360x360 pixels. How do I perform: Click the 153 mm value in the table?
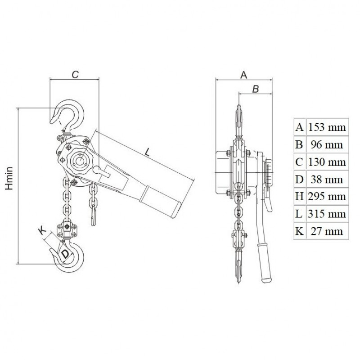pos(327,127)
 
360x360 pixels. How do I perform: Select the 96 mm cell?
pos(327,144)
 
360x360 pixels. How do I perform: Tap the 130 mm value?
pos(327,162)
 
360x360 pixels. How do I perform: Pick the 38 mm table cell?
pos(327,179)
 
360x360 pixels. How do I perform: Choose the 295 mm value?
pos(327,197)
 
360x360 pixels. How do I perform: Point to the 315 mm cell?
pos(327,214)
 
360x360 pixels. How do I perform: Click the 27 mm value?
pos(327,231)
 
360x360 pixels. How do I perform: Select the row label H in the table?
pos(299,197)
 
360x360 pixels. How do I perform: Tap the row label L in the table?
pos(299,214)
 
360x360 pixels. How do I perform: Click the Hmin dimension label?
pos(9,178)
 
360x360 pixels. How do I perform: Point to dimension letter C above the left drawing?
pos(75,74)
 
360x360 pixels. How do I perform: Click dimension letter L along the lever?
pos(147,152)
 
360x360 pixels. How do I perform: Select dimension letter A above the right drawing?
pos(243,75)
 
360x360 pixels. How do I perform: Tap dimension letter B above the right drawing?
pos(256,89)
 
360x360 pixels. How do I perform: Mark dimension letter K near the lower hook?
pos(42,231)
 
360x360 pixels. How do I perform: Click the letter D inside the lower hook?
pos(65,254)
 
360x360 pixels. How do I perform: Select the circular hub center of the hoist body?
pos(80,160)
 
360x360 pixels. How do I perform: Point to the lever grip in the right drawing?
pos(265,263)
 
